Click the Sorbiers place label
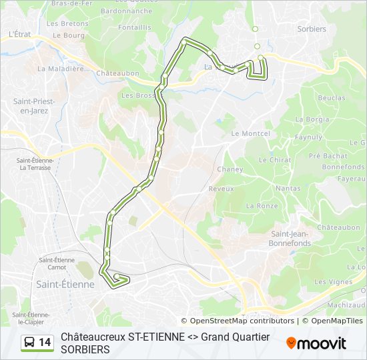coord(313,29)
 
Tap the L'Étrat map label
coord(21,33)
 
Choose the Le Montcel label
coord(250,133)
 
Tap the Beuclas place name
coord(332,97)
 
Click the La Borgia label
coord(312,119)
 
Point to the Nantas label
coord(288,189)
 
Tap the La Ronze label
coord(262,206)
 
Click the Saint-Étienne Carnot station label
coord(57,263)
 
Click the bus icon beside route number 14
coord(29,343)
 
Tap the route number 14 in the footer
coord(45,343)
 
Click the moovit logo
coord(316,343)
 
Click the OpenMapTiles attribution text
coord(336,321)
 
